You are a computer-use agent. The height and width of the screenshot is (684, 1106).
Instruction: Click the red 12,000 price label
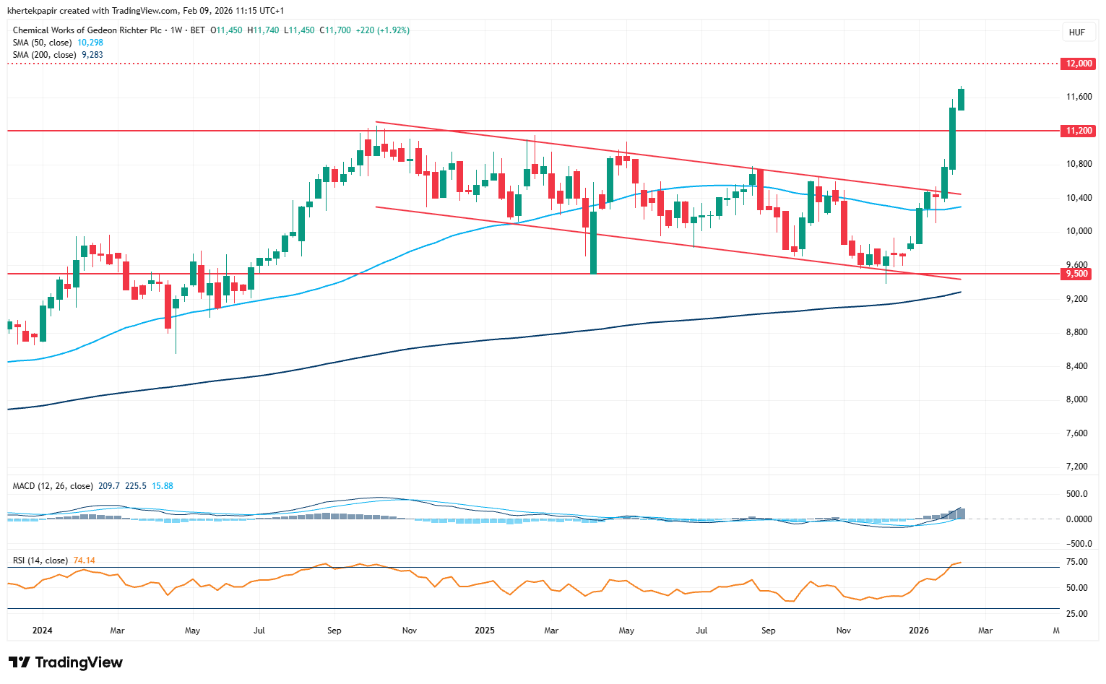pos(1079,64)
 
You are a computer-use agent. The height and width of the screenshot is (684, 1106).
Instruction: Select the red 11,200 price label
pos(1079,131)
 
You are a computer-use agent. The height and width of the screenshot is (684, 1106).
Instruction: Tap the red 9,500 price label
pos(1078,274)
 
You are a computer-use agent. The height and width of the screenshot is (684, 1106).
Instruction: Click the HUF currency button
pos(1076,33)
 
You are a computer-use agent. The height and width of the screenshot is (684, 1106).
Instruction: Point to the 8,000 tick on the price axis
pos(1079,399)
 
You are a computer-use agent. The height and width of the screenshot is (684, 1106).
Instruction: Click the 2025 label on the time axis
pos(485,631)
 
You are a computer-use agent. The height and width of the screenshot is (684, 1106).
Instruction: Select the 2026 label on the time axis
pos(919,631)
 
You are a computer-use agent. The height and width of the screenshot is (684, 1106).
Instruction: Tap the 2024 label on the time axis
pos(43,631)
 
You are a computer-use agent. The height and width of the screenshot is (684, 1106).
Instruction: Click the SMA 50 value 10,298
pos(90,43)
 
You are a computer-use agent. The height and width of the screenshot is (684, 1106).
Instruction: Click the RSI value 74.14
pos(85,560)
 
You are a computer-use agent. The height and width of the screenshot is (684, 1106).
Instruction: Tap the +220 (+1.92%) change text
pos(383,30)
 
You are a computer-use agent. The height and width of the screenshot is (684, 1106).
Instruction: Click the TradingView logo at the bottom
pos(66,662)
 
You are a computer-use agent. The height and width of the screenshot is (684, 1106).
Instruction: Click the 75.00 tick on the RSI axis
pos(1076,562)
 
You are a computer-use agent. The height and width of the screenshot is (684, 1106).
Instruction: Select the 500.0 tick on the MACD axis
pos(1077,494)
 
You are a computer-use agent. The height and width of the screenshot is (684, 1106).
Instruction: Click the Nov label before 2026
pos(843,631)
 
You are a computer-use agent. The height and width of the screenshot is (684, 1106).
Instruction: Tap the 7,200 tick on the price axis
pos(1079,467)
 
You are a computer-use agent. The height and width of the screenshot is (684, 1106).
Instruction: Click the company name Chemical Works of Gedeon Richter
pos(87,30)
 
